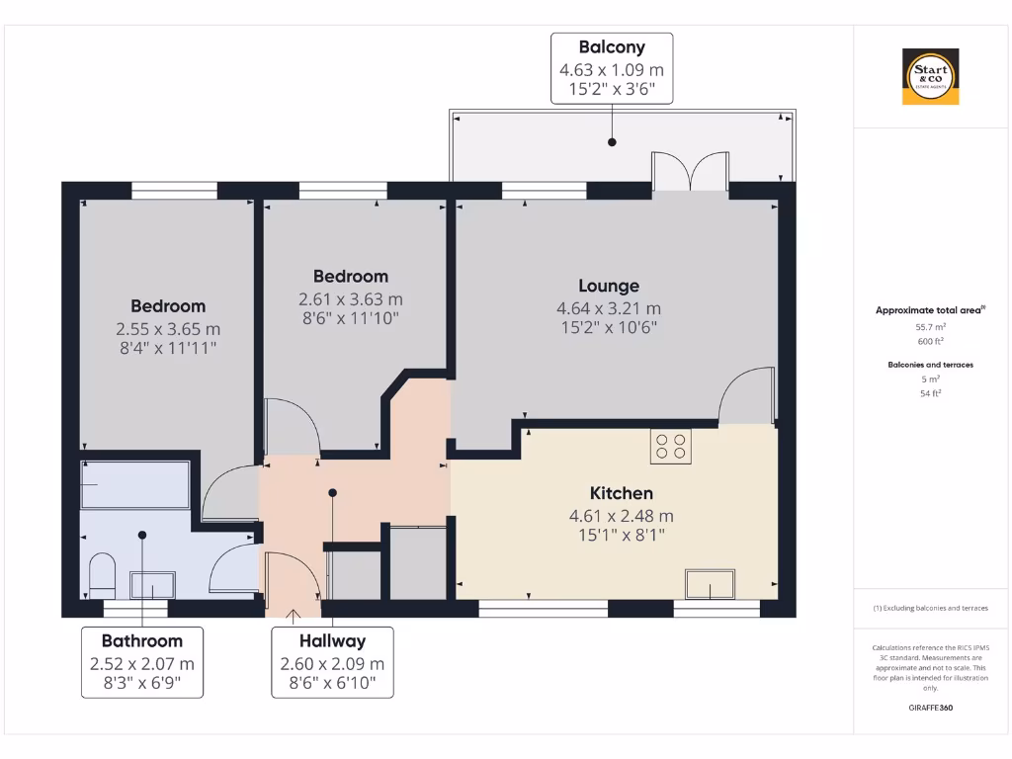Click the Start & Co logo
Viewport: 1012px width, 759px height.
(x=930, y=77)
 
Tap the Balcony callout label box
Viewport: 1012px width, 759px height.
(x=612, y=68)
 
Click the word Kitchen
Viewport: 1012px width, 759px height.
(x=621, y=493)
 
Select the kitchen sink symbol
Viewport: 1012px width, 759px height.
(x=711, y=585)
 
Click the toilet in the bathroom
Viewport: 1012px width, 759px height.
(x=102, y=575)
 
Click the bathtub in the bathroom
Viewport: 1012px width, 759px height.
(x=135, y=484)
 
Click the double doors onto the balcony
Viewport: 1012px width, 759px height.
(x=691, y=171)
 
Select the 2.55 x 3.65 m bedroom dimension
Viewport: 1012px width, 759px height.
(x=168, y=329)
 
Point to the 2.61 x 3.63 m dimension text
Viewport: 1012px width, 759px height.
(x=351, y=299)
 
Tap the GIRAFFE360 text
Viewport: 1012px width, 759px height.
(x=929, y=708)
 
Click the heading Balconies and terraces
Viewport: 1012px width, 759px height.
(x=929, y=365)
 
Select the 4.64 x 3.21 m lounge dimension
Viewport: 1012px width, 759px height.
(x=609, y=308)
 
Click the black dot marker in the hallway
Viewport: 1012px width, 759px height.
(x=333, y=492)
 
